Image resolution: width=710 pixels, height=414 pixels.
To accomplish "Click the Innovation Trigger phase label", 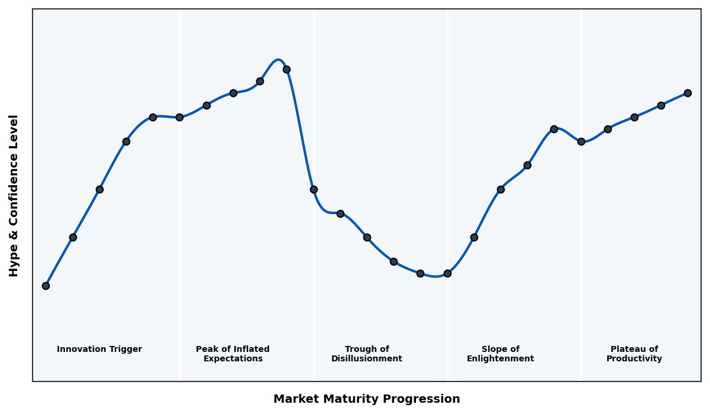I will pyautogui.click(x=99, y=350).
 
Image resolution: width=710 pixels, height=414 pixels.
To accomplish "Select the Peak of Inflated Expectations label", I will pyautogui.click(x=233, y=354).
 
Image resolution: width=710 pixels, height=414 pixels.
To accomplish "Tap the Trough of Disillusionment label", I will pyautogui.click(x=367, y=354).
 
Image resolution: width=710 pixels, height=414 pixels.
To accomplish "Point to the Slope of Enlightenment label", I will pyautogui.click(x=500, y=354).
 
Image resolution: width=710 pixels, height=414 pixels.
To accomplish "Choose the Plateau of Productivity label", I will pyautogui.click(x=634, y=354).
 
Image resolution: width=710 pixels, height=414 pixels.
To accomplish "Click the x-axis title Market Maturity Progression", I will pyautogui.click(x=366, y=399).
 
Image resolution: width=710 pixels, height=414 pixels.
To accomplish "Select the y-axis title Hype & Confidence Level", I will pyautogui.click(x=14, y=195).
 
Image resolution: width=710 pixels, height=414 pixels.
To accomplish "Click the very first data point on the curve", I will pyautogui.click(x=46, y=286).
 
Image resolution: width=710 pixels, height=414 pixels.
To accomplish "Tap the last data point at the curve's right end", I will pyautogui.click(x=688, y=93).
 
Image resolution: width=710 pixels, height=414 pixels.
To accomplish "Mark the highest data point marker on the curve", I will pyautogui.click(x=286, y=69).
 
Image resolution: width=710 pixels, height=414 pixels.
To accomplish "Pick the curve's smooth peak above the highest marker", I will pyautogui.click(x=278, y=60).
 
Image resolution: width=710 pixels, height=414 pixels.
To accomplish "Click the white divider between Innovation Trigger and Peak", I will pyautogui.click(x=180, y=237).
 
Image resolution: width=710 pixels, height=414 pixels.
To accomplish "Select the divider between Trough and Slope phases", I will pyautogui.click(x=447, y=177).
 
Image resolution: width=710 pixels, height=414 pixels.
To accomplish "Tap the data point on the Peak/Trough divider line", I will pyautogui.click(x=314, y=189).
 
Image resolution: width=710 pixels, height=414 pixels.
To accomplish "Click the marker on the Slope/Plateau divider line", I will pyautogui.click(x=581, y=141).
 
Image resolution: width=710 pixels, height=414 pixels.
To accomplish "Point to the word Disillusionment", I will pyautogui.click(x=367, y=359).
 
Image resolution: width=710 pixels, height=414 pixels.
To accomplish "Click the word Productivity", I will pyautogui.click(x=634, y=359).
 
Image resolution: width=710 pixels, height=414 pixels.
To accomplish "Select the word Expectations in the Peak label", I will pyautogui.click(x=233, y=359).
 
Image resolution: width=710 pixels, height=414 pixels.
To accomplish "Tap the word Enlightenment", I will pyautogui.click(x=500, y=359).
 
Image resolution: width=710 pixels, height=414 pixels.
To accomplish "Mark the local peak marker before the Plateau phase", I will pyautogui.click(x=554, y=129).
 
